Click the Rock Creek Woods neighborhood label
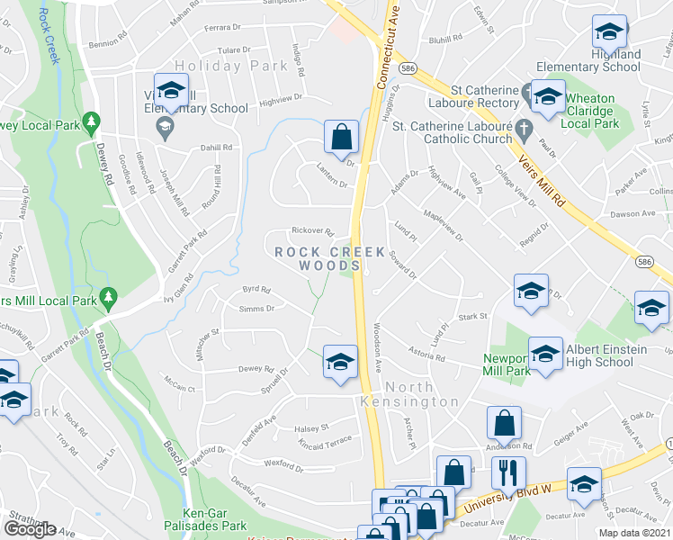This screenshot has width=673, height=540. (329, 259)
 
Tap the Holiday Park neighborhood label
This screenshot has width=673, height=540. (220, 66)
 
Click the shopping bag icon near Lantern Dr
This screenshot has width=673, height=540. (342, 139)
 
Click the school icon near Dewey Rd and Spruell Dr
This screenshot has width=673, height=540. (339, 362)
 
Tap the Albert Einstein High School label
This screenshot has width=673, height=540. (599, 355)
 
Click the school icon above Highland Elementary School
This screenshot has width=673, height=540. (609, 33)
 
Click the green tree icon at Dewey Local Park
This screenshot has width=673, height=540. (90, 121)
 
